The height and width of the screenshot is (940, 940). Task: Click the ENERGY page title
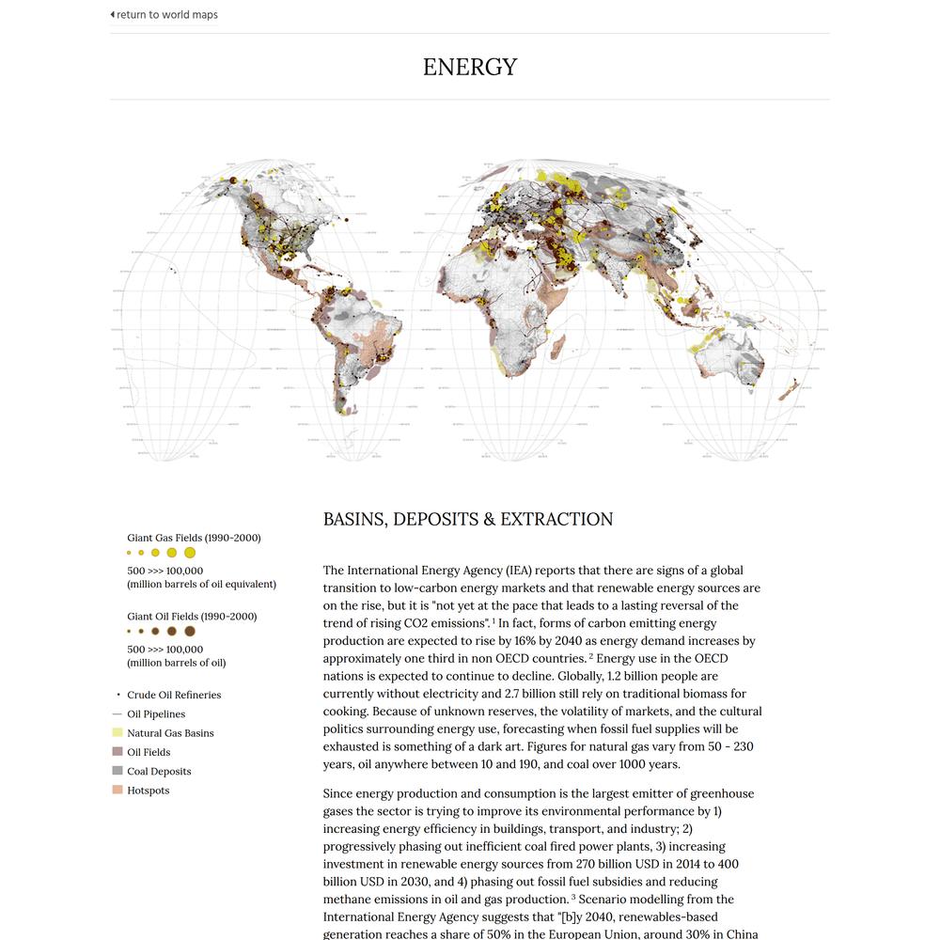pos(470,68)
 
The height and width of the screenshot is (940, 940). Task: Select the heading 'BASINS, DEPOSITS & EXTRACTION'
pos(468,520)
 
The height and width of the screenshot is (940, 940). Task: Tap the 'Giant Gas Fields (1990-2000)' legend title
pos(194,539)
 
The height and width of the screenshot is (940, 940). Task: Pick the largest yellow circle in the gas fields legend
pos(190,553)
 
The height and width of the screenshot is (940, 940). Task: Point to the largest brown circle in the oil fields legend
pos(189,632)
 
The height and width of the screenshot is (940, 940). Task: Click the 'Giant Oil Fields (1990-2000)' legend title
pos(192,617)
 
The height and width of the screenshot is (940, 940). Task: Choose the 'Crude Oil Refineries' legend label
pos(174,696)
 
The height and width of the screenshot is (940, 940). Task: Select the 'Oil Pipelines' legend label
pos(156,714)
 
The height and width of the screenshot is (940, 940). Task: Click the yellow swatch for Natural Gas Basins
pos(117,733)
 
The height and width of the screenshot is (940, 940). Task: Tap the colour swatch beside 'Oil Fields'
pos(117,752)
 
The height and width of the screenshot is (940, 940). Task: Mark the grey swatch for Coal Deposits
pos(117,772)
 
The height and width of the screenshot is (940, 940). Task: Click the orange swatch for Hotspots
pos(117,791)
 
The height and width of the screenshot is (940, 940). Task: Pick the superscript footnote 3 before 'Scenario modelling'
pos(573,897)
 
